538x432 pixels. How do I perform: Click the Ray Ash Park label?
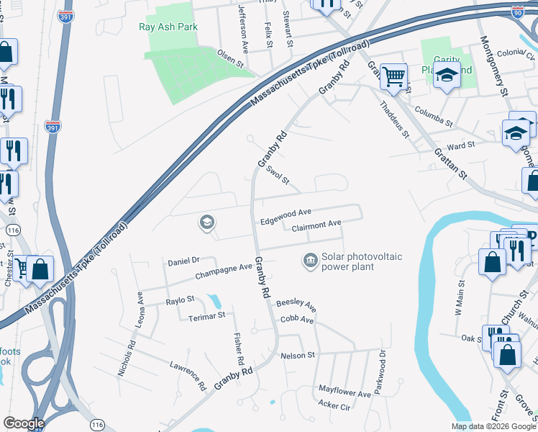point(168,27)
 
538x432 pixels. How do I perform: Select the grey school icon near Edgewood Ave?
point(206,223)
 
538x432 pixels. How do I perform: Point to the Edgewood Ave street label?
point(286,212)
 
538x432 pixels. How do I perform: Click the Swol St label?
point(277,174)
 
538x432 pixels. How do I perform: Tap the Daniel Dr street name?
point(183,260)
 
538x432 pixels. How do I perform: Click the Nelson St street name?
point(298,355)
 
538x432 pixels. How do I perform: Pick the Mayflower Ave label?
point(345,392)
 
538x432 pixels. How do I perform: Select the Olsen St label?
point(232,59)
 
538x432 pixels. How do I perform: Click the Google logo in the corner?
point(24,423)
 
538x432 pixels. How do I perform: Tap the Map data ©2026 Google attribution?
point(493,426)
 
